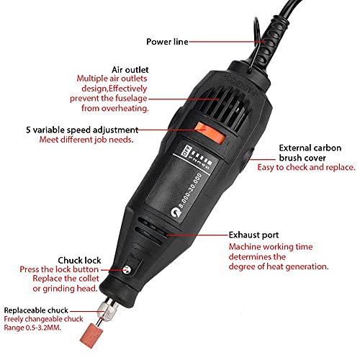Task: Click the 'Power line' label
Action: point(166,42)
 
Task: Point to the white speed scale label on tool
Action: point(187,161)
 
